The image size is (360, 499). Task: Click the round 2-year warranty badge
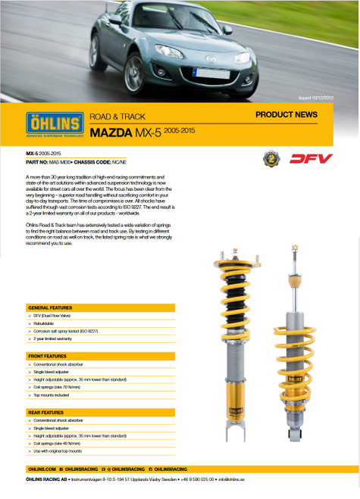click(x=269, y=159)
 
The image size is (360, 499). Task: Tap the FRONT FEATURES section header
click(x=47, y=355)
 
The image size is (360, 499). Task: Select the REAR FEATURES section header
click(x=46, y=412)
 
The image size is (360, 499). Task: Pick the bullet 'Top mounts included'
click(x=54, y=395)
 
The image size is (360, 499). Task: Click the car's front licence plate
click(x=205, y=73)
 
